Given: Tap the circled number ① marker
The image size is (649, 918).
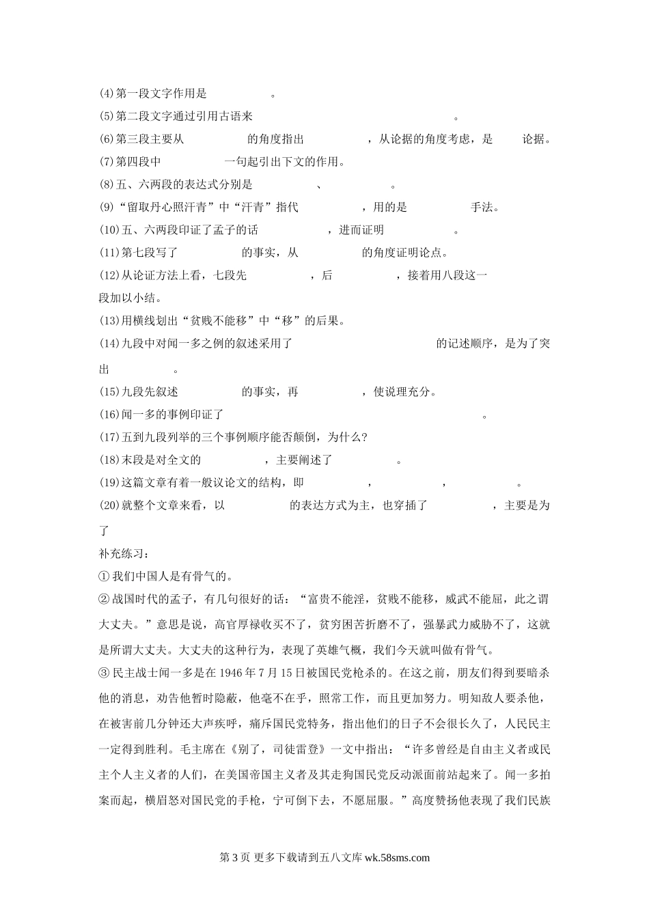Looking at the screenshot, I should pyautogui.click(x=105, y=576).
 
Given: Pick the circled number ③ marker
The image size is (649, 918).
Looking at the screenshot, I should pyautogui.click(x=105, y=673).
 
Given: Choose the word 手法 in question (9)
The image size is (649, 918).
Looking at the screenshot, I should pyautogui.click(x=483, y=208).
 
